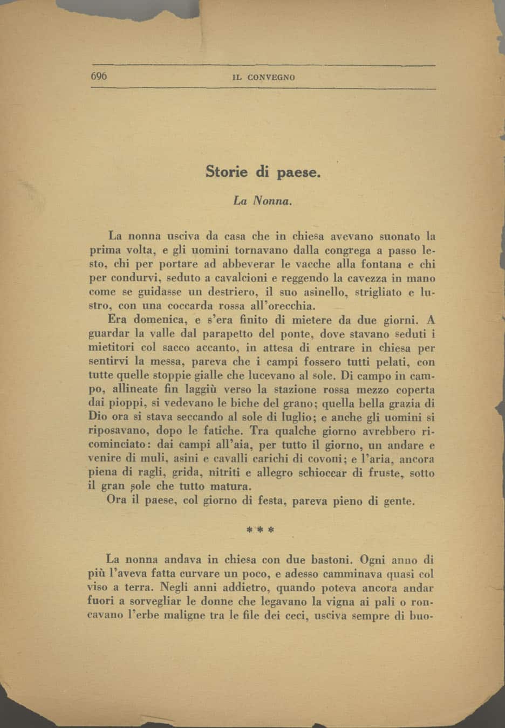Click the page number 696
[x=99, y=76]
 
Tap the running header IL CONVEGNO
[x=264, y=77]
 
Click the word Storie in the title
[x=227, y=172]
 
